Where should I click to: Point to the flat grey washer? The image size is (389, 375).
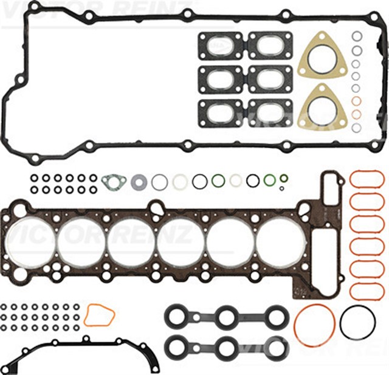click(139, 180)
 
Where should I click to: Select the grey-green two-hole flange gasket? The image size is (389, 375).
click(114, 180)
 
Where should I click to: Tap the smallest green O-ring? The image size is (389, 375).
click(283, 179)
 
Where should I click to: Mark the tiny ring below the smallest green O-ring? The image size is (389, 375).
click(283, 189)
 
